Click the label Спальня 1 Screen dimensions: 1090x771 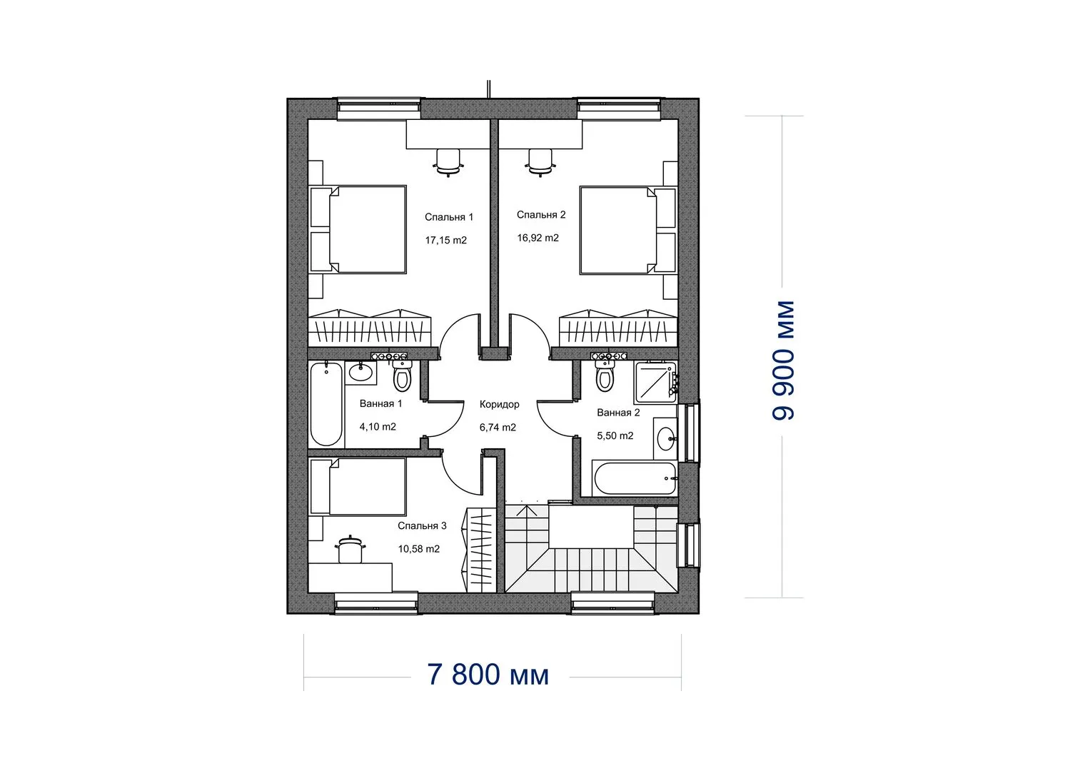tap(449, 217)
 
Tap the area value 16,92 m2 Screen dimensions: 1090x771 tap(538, 238)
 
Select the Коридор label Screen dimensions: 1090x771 tap(499, 405)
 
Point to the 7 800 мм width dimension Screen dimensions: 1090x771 tap(488, 675)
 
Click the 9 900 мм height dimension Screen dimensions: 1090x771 tap(783, 361)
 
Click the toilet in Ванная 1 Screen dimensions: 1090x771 tap(402, 376)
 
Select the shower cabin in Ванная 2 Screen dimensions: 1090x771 tap(655, 382)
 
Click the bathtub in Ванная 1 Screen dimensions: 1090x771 tap(326, 404)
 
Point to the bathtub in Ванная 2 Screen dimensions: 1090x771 tap(635, 478)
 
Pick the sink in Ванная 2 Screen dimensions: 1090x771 tap(666, 439)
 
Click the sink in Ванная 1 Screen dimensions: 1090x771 tap(360, 373)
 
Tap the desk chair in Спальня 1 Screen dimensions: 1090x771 tap(448, 162)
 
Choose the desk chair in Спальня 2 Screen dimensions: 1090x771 tap(540, 162)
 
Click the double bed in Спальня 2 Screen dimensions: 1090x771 tap(627, 229)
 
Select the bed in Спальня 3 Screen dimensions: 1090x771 tap(358, 486)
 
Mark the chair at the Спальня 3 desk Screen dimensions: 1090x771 tap(350, 549)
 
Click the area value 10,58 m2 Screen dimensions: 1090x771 tap(419, 549)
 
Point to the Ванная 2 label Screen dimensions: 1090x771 tap(618, 413)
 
